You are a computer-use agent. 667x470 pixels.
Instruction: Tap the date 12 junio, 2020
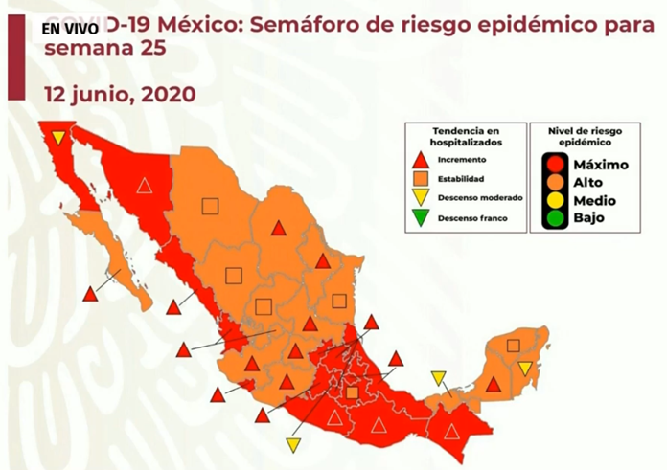click(120, 94)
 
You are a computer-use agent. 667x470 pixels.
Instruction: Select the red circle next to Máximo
click(554, 164)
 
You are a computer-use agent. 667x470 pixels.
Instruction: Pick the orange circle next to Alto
click(554, 182)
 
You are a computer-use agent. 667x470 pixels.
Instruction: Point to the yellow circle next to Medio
click(554, 201)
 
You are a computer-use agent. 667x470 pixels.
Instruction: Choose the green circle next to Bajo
click(554, 219)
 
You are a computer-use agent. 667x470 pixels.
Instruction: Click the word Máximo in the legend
click(600, 164)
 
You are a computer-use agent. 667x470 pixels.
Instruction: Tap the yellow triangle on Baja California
click(58, 138)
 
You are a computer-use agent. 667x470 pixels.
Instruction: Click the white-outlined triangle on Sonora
click(144, 186)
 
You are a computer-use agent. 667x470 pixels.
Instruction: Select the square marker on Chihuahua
click(210, 204)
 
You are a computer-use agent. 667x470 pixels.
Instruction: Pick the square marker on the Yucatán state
click(514, 346)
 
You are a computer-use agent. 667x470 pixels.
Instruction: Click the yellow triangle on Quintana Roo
click(524, 369)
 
